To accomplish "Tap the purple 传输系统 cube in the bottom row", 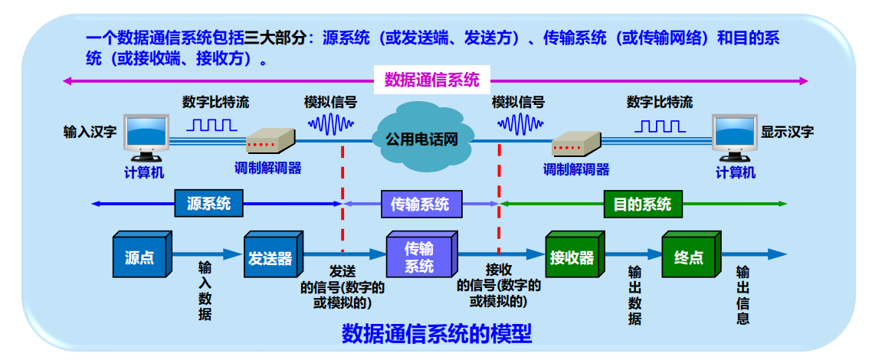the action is pos(421,255).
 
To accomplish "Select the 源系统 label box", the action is pos(208,204).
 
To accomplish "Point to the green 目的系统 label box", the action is pos(642,204).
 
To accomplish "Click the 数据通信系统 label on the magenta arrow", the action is pos(431,80).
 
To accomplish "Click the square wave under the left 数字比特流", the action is pos(212,124).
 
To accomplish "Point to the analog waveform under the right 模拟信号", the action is pos(520,124).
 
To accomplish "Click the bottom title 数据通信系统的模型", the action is pos(437,335).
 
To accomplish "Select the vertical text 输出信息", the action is pos(743,295).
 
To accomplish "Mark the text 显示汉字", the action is pos(788,133).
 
